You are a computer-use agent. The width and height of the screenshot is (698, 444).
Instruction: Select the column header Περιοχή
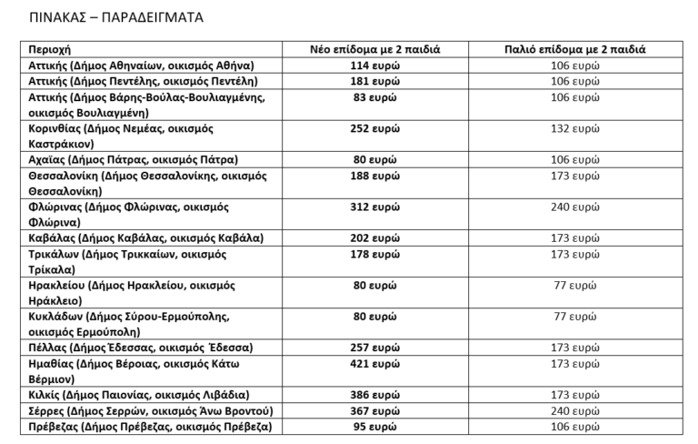(49, 49)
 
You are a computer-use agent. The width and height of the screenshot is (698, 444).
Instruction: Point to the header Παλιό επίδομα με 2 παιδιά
(574, 49)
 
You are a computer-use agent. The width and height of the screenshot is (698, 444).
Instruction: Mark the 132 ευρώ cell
(574, 128)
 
